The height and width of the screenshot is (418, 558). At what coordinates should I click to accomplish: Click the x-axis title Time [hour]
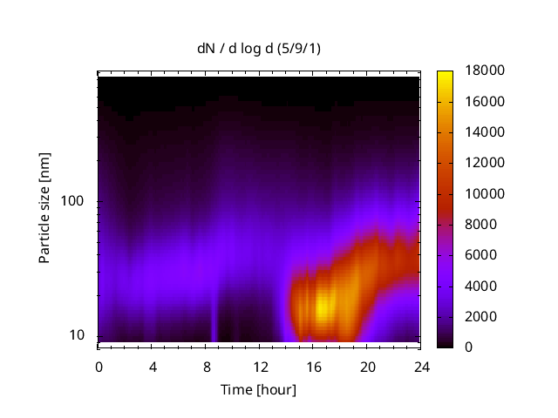point(258,389)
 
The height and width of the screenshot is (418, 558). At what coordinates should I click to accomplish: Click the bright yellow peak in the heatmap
point(323,307)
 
